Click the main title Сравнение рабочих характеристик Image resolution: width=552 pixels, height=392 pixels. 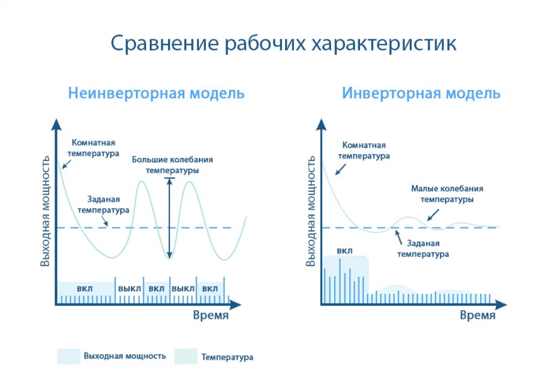tap(284, 44)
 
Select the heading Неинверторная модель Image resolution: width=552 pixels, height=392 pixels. tap(156, 93)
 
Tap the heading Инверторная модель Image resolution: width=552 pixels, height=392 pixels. tap(421, 93)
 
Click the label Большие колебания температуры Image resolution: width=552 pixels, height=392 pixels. tap(172, 164)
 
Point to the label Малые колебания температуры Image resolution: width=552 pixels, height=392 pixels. tap(447, 194)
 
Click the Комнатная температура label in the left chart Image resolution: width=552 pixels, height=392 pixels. tap(93, 148)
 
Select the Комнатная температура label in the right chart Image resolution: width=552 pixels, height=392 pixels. tap(364, 150)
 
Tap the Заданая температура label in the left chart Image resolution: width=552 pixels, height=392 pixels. tap(103, 204)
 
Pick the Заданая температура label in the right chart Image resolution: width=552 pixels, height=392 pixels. tap(423, 249)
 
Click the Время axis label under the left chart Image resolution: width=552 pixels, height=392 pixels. tap(211, 315)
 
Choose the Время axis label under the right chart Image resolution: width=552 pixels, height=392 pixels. tap(478, 315)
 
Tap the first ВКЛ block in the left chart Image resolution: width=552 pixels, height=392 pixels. tap(85, 288)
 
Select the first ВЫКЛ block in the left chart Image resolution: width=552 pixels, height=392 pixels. tap(129, 288)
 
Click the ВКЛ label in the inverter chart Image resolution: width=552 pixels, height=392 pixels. tap(344, 251)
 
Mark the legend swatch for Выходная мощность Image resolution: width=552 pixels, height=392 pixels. tap(68, 356)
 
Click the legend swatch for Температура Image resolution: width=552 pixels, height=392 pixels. tap(186, 356)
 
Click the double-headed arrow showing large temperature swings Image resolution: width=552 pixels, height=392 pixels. tap(169, 218)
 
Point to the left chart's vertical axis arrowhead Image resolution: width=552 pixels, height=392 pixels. tap(56, 125)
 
